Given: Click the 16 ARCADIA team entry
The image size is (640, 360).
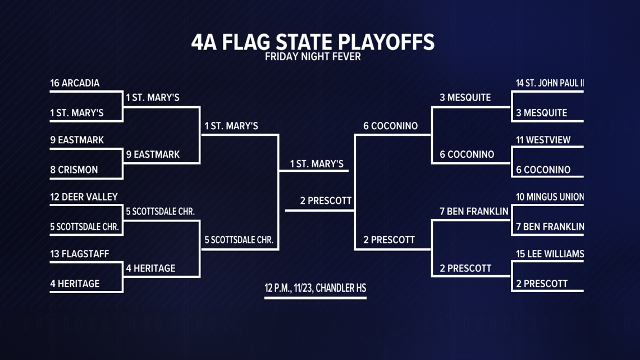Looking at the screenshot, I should [75, 83].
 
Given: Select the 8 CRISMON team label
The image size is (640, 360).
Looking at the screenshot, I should [74, 170].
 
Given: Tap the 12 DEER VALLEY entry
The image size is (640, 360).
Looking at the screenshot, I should [84, 197].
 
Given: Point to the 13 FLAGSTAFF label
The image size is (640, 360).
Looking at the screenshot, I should [79, 254].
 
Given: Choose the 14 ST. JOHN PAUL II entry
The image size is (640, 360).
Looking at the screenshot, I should [550, 83].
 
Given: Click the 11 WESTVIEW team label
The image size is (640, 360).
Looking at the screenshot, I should [543, 140].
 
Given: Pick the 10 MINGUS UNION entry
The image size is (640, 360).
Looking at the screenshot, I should [550, 197].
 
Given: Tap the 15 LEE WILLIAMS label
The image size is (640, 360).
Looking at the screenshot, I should [550, 254].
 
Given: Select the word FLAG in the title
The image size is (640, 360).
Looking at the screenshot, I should [244, 42].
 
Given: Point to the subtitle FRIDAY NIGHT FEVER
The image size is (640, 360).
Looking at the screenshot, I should [313, 57].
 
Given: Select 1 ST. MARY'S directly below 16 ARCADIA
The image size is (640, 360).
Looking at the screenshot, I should [77, 113].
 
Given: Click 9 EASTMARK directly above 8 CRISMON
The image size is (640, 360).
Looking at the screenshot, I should [77, 140].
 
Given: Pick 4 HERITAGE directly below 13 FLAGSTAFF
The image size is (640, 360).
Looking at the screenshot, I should [75, 284].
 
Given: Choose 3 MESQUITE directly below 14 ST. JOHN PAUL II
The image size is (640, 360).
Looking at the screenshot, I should [541, 113].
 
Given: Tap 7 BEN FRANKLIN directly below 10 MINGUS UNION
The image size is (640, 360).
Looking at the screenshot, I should [550, 227].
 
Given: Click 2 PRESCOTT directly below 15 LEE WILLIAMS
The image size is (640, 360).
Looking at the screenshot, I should [542, 284].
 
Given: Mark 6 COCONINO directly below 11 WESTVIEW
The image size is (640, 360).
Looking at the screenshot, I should [543, 170].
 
